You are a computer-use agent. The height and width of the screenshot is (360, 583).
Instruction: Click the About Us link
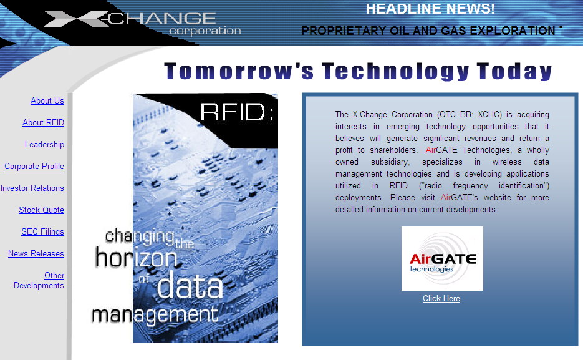coord(47,101)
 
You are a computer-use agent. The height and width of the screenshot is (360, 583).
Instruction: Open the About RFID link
coord(43,123)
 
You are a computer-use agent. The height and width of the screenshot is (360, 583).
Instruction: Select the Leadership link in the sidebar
coord(45,145)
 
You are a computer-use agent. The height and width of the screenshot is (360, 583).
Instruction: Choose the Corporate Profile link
coord(34,166)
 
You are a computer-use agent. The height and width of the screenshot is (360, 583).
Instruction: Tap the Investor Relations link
coord(32,188)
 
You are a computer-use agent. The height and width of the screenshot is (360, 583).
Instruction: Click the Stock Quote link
coord(42,210)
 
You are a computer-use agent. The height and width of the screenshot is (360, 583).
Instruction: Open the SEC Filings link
coord(43,232)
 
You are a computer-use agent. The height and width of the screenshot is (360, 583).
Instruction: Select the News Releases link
coord(36,254)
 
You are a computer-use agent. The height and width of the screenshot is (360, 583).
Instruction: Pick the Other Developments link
coord(39,280)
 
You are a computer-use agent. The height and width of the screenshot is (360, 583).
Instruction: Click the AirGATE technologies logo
coord(442,258)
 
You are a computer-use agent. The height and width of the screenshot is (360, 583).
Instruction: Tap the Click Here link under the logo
coord(441,299)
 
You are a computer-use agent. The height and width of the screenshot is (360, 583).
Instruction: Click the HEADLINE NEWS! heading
coord(430,9)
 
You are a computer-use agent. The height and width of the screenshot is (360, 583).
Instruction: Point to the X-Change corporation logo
coord(142,23)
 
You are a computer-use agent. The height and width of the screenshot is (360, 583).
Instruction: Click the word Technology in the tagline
coord(395,71)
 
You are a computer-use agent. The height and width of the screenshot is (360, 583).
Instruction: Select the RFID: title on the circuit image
coord(237,112)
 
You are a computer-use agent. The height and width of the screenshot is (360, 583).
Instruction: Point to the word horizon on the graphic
coord(136,258)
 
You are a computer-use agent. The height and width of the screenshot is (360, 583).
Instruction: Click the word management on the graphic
coord(155,315)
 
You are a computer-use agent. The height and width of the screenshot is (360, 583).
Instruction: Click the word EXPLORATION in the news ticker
coord(513,31)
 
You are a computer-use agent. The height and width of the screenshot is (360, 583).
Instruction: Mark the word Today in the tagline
coord(514,71)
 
